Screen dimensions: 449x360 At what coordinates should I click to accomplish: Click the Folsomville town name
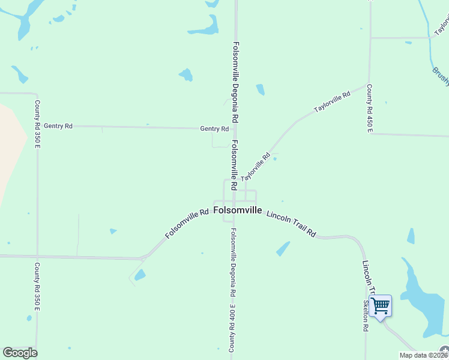238,211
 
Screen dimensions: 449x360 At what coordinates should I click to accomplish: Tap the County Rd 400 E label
232,328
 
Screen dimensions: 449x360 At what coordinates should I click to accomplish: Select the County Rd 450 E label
370,108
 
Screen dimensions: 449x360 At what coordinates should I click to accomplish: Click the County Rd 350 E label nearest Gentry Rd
37,116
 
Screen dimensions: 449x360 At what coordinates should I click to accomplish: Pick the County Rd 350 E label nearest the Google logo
37,287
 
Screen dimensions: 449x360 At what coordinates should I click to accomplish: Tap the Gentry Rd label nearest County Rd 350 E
58,126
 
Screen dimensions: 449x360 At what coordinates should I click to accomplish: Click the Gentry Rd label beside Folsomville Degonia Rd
214,129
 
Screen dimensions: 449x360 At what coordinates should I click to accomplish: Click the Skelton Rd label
365,316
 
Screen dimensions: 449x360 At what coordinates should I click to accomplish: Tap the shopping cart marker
380,307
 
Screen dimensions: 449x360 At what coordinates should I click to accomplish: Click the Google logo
20,353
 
